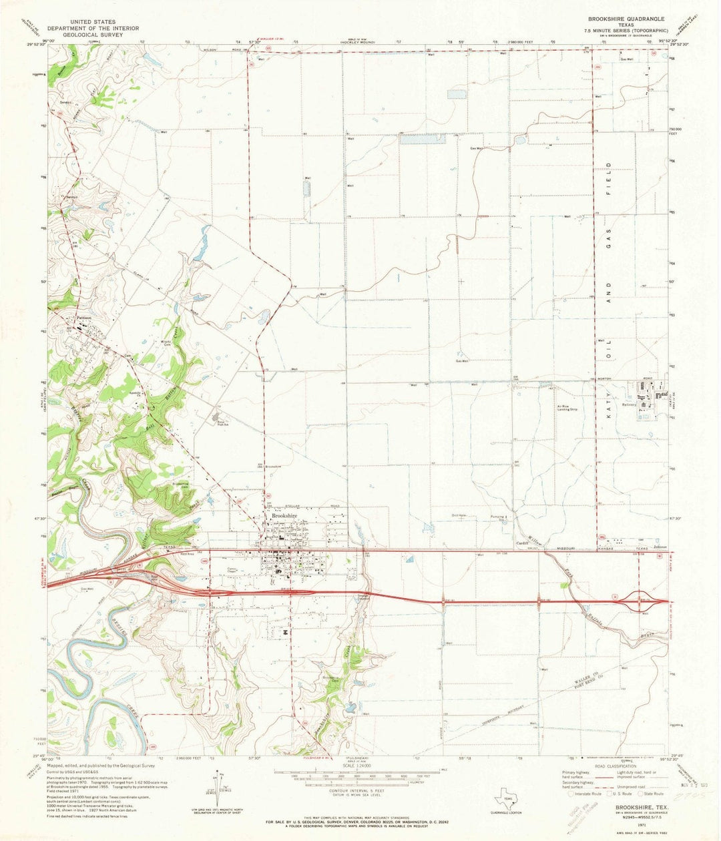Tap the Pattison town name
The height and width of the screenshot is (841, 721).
coord(83,318)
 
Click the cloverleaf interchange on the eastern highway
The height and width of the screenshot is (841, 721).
coord(644,601)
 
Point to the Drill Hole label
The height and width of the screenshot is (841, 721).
coord(459,516)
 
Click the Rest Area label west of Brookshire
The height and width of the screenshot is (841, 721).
coord(186,553)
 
